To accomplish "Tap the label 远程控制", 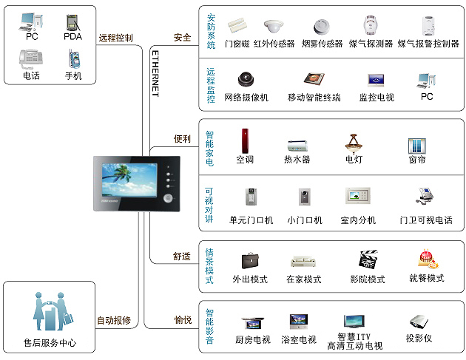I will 115,37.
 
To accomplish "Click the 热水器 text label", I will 297,159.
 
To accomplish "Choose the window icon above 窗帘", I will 416,145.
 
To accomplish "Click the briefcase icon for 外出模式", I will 250,261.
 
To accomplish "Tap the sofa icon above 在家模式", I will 303,262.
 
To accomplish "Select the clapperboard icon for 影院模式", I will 368,260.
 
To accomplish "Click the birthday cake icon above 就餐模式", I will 426,259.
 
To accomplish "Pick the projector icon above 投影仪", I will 419,321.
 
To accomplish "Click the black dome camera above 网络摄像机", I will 246,79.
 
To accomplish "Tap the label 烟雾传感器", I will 322,44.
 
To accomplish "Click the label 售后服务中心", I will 50,343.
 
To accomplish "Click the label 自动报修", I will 114,321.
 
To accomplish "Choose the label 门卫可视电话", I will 425,220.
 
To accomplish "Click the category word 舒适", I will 182,257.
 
